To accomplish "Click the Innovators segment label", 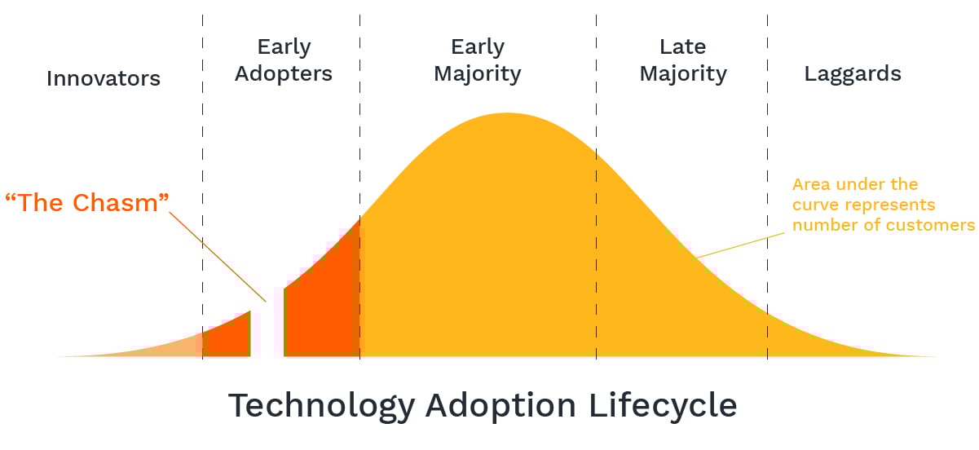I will (x=104, y=78).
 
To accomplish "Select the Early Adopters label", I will (x=284, y=60).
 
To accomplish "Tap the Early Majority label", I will (x=478, y=60).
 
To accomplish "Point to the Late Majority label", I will (x=683, y=60).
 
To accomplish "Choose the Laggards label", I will (x=853, y=74).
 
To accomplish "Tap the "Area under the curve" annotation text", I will (x=855, y=184).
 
